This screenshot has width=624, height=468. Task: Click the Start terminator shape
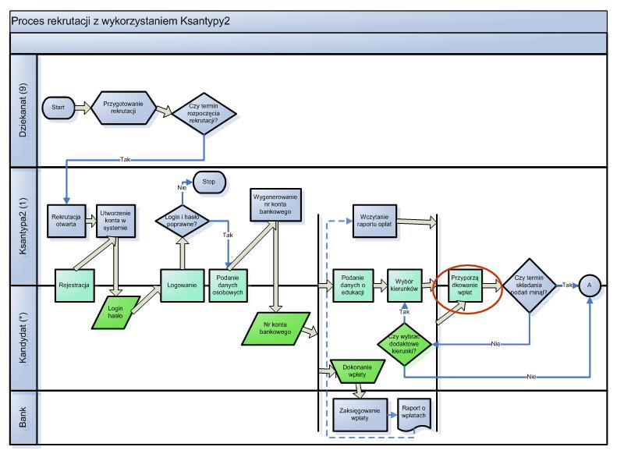click(58, 108)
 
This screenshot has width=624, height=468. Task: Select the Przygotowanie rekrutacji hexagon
click(123, 108)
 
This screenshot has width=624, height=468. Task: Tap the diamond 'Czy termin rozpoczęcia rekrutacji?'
click(204, 113)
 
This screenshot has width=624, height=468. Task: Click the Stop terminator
click(209, 182)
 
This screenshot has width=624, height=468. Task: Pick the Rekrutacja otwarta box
click(66, 221)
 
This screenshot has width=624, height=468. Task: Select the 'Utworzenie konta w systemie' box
click(115, 221)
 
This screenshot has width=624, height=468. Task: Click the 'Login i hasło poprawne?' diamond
click(182, 221)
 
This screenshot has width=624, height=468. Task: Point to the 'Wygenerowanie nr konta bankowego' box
click(275, 204)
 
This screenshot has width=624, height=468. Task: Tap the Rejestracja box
click(74, 285)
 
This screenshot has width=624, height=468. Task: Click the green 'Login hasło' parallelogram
click(115, 313)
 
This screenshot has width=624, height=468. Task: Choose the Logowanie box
click(182, 285)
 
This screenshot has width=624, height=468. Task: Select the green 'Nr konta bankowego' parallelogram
click(275, 328)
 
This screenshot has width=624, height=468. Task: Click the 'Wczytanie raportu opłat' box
click(374, 221)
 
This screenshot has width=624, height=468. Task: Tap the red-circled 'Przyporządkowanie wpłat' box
click(465, 285)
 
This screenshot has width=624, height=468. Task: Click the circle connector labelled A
click(590, 285)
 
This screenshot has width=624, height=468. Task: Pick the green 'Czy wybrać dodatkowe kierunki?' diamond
click(404, 344)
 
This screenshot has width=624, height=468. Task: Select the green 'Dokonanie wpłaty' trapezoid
click(357, 371)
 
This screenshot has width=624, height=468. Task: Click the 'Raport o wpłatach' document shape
click(414, 415)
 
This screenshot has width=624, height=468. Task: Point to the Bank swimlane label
click(23, 417)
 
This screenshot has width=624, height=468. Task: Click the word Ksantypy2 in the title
click(205, 21)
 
